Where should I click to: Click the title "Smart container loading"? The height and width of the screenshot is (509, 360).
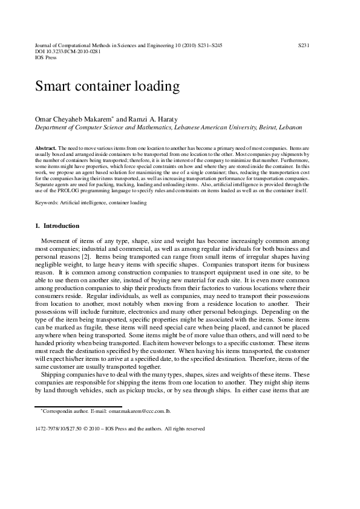[107, 86]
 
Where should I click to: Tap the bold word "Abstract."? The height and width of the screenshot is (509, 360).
[46, 148]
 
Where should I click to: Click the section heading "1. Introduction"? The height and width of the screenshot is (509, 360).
[57, 226]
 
